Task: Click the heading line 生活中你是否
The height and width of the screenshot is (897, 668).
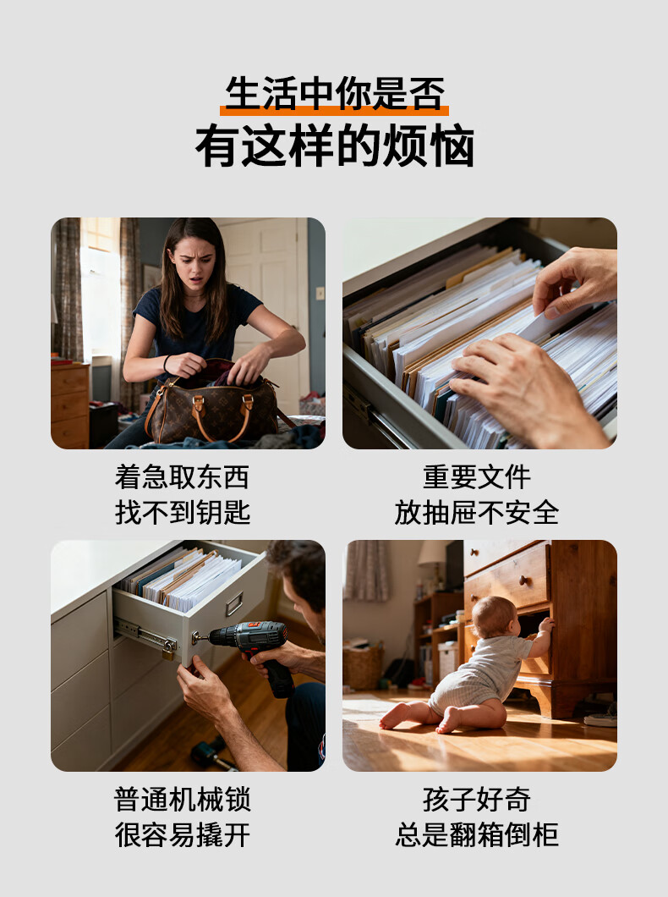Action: [334, 93]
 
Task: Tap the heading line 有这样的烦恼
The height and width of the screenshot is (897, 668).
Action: [334, 146]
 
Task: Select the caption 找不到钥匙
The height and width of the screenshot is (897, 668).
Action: [183, 512]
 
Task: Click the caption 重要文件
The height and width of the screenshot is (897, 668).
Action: [477, 477]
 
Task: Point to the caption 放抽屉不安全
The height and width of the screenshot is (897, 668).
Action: [477, 512]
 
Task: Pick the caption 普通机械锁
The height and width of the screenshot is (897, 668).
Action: [183, 799]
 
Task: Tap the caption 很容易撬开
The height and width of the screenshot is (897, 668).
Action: [183, 834]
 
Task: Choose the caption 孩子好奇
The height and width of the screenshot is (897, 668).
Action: [477, 799]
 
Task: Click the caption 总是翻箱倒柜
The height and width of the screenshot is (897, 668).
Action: [477, 834]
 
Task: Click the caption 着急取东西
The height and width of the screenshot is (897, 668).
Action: [183, 477]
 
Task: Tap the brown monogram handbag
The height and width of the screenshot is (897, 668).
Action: [212, 406]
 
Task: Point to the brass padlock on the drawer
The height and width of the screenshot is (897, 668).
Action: [168, 650]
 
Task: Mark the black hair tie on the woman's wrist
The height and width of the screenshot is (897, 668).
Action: [167, 364]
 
